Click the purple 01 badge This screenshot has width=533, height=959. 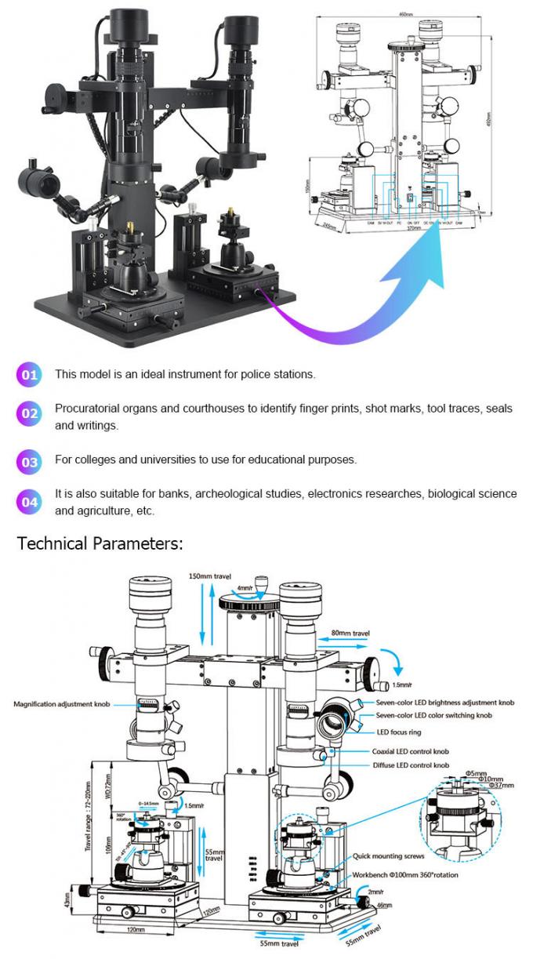pyautogui.click(x=29, y=375)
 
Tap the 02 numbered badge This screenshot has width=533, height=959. pyautogui.click(x=29, y=413)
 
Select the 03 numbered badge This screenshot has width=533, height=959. pyautogui.click(x=29, y=462)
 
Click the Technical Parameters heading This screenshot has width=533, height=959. pyautogui.click(x=100, y=543)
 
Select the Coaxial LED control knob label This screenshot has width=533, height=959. pyautogui.click(x=411, y=751)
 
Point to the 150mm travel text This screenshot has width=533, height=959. pyautogui.click(x=210, y=576)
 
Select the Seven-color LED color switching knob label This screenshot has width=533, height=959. pyautogui.click(x=433, y=715)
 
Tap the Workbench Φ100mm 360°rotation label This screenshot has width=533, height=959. pyautogui.click(x=405, y=874)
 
